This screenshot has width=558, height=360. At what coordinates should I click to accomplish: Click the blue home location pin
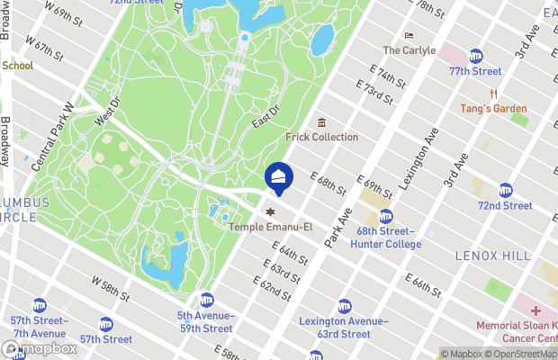[x=278, y=175]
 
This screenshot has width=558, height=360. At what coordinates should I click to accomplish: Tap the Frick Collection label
[x=321, y=137]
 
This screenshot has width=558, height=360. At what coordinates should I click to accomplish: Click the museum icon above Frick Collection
[x=321, y=122]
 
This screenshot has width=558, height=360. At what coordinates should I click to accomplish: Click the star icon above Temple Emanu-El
[x=267, y=211]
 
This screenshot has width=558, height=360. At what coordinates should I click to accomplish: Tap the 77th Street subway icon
[x=475, y=57]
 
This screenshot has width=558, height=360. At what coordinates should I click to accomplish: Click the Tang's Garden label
[x=493, y=109]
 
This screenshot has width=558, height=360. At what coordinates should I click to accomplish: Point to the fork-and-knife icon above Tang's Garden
[x=493, y=94]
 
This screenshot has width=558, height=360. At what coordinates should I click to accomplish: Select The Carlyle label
[x=409, y=50]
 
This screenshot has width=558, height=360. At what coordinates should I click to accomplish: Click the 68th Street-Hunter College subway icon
[x=386, y=216]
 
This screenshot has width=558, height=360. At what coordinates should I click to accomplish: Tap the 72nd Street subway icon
[x=505, y=191]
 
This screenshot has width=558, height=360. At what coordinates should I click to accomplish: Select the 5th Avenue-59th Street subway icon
[x=207, y=300]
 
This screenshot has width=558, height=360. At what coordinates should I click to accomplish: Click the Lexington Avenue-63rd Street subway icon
[x=343, y=306]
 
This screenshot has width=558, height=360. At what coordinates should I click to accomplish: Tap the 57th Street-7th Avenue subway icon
[x=40, y=306]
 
